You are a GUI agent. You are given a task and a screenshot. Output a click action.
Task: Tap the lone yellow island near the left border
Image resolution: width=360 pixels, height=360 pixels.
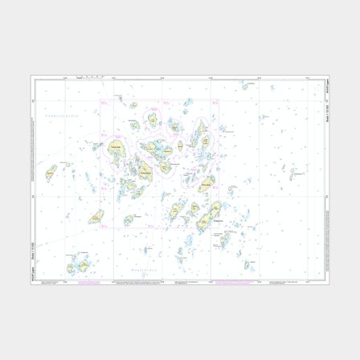51,170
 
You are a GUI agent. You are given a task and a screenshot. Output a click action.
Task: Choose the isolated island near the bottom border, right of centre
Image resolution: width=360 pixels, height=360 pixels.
227,265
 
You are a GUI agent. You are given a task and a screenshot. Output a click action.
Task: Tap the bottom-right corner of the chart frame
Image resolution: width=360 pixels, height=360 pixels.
328,283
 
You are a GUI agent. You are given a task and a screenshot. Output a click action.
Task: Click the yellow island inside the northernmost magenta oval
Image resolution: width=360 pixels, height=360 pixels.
151,119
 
